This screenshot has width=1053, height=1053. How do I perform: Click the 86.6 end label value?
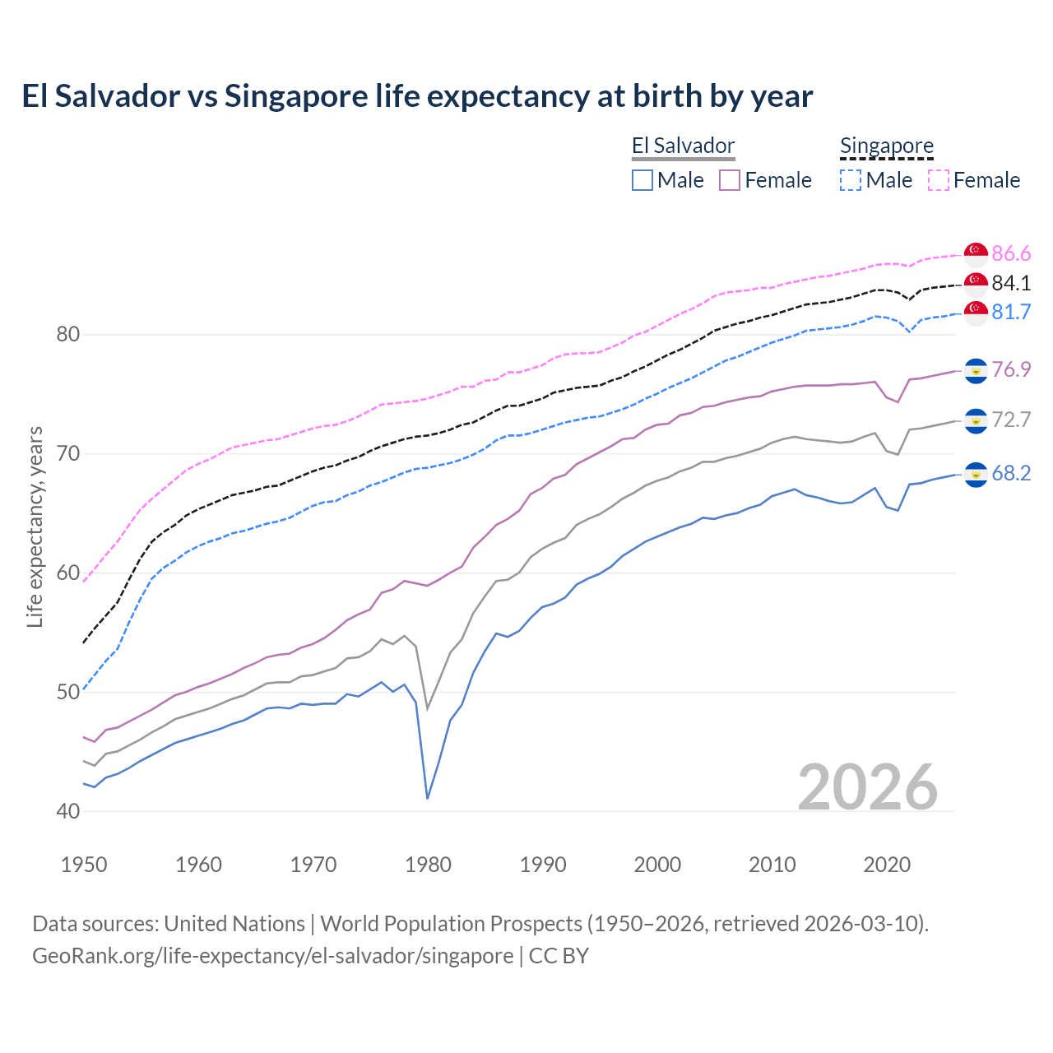tap(1011, 253)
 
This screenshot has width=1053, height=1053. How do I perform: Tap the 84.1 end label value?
tap(1011, 283)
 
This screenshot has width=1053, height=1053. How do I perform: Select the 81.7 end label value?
tap(1011, 312)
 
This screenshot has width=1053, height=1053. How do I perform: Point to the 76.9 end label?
tap(1011, 369)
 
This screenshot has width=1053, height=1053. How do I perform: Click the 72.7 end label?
tap(1011, 420)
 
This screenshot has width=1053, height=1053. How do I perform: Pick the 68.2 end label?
tap(1011, 473)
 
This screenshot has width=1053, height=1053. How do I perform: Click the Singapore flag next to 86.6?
tap(976, 253)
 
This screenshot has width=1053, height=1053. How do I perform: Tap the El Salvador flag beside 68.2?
tap(976, 474)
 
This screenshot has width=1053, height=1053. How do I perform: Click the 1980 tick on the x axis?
tap(428, 865)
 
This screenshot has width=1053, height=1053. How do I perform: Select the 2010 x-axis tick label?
tap(772, 865)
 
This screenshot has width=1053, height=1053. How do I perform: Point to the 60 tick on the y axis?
tap(68, 573)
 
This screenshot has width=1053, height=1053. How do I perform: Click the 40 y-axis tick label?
tap(68, 811)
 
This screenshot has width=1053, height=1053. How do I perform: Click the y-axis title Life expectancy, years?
tap(35, 526)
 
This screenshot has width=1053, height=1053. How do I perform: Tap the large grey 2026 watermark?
tap(868, 787)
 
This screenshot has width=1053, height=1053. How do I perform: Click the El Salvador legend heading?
tap(683, 146)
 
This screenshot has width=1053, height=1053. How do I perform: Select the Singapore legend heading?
tap(886, 146)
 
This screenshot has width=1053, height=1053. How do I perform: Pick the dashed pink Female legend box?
tap(939, 180)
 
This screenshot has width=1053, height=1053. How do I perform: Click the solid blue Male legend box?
tap(642, 180)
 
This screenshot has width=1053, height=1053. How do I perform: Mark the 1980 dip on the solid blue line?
tap(428, 797)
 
